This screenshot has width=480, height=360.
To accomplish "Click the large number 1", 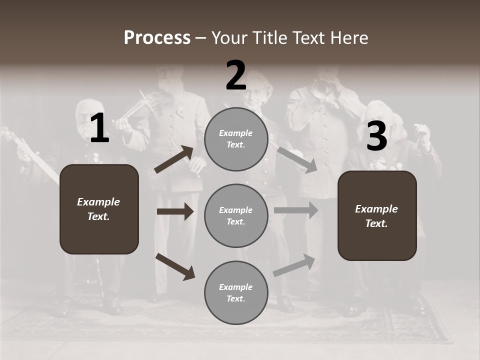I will click(x=99, y=128).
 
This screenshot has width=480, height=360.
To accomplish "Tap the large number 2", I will click(x=236, y=75).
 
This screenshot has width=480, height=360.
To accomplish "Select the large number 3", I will click(x=377, y=136).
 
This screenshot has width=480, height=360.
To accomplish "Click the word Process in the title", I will click(x=157, y=38).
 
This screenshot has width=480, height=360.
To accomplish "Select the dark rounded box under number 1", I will click(x=99, y=209).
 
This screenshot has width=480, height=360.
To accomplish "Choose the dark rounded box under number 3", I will click(x=377, y=216).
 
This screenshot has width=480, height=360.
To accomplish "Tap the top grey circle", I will click(x=236, y=139).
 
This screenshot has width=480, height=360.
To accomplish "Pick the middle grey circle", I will click(x=236, y=215).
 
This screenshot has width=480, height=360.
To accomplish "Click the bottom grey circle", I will click(x=236, y=292).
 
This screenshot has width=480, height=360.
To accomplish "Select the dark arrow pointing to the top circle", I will click(x=174, y=159).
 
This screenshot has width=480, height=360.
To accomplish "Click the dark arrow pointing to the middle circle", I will click(x=175, y=211).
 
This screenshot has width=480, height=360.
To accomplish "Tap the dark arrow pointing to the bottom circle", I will click(x=175, y=266).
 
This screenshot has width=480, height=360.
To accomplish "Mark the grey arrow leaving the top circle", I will click(x=297, y=159).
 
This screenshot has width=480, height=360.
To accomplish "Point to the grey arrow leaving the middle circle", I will click(x=296, y=210).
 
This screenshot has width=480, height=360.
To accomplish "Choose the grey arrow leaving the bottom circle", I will click(x=294, y=265).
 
